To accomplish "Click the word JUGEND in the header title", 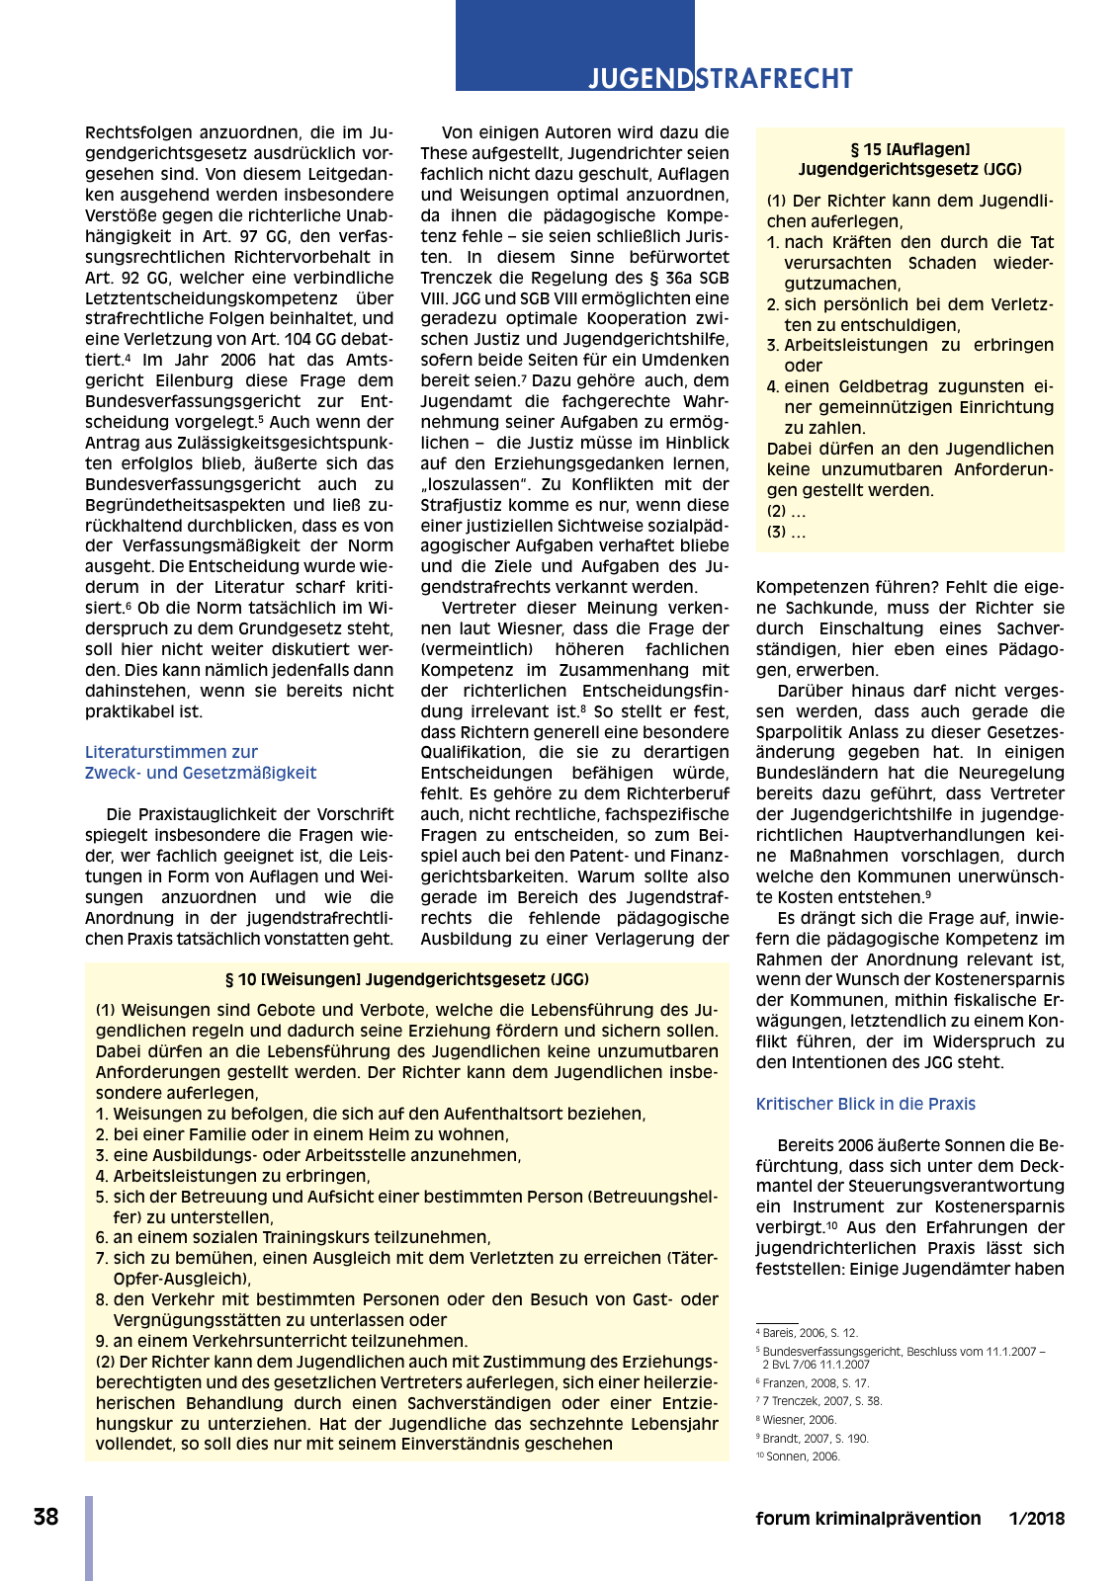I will point(641,78).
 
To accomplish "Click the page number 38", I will point(45,1517).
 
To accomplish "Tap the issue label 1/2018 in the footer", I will point(1036,1519).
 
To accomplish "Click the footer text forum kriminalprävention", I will point(868,1519).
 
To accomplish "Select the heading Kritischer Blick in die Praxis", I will point(865,1104).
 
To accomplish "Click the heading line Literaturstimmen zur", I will point(171,752).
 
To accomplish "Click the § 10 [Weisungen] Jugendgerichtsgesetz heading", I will point(406,979).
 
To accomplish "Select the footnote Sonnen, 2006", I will point(801,1456).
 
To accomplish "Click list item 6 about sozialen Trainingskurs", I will point(293,1237).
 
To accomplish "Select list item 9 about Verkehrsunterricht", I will point(281,1341).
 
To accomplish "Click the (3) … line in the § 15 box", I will point(786,532).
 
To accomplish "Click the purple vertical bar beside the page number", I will point(89,1537).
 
